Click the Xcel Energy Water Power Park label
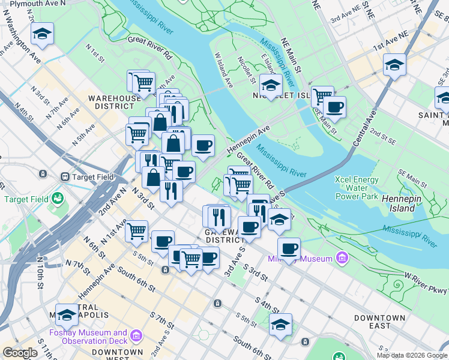point(357,188)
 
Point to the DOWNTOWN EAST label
point(379,322)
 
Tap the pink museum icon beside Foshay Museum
point(136,334)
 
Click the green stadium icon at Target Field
point(58,197)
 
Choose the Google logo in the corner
point(19,353)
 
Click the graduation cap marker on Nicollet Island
point(271,85)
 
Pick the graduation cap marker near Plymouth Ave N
point(42,34)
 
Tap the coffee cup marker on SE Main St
point(334,107)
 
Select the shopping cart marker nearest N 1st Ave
point(137,230)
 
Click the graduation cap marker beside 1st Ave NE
point(394,64)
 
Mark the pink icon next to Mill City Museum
point(342,258)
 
